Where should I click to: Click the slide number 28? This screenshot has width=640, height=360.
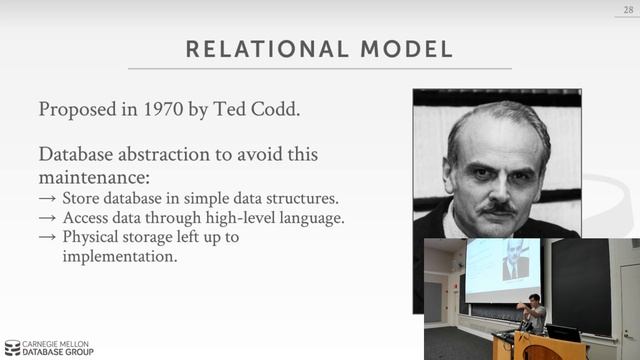click(627, 8)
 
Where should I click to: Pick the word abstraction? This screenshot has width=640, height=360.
click(175, 156)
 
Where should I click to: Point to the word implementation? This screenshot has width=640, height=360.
click(119, 256)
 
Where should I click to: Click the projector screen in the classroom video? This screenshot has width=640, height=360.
click(502, 268)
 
